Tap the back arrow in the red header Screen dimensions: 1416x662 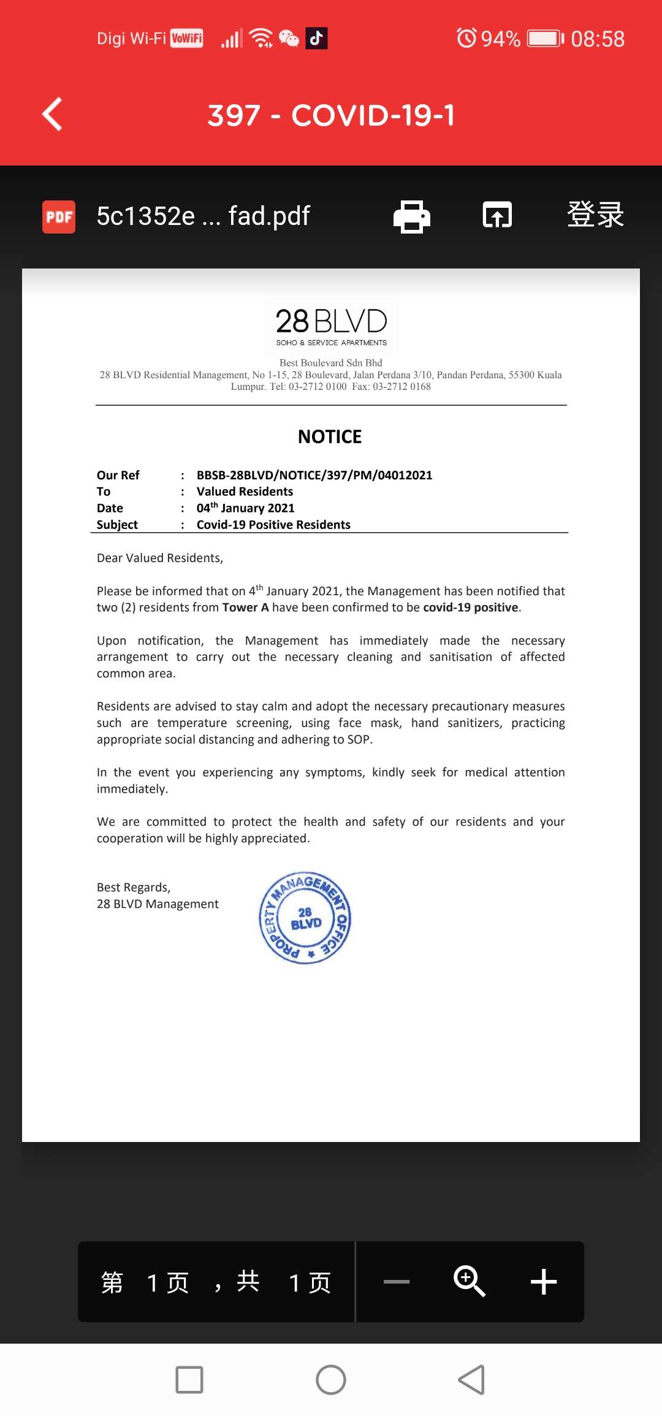53,115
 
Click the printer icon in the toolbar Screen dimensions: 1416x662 411,216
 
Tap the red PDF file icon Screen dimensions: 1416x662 59,217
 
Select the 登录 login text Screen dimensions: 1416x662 595,215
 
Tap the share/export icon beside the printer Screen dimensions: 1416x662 497,216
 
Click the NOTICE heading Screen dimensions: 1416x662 330,437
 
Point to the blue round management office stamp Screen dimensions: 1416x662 305,918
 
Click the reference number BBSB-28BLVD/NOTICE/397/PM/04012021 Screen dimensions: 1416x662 314,475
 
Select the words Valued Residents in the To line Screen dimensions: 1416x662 245,492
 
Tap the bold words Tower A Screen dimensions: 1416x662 245,607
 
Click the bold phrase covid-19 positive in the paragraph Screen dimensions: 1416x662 471,607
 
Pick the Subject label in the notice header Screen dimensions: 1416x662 117,525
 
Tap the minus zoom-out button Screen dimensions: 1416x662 397,1282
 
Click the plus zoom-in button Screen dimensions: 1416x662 543,1282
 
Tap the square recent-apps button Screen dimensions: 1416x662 189,1380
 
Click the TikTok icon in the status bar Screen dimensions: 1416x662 316,39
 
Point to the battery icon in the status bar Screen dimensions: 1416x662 545,39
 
